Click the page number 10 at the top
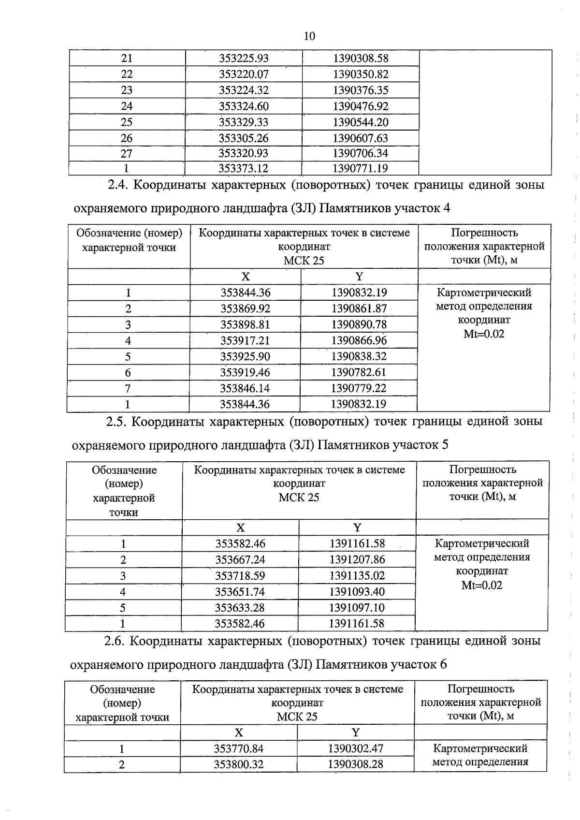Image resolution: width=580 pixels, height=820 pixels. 309,36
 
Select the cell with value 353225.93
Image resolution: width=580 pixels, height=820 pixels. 244,59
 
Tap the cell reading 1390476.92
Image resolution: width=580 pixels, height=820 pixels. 361,106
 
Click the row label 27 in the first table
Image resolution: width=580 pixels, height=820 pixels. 127,154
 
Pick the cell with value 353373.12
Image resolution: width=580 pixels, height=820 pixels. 244,169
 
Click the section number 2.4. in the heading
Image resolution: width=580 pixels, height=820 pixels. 117,185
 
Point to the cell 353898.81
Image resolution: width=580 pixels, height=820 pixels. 245,324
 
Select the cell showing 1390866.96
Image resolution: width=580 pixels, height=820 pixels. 359,340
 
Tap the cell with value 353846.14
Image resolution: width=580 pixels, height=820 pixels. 245,388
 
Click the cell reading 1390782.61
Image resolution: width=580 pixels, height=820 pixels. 359,372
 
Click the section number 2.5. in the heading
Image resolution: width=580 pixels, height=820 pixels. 116,422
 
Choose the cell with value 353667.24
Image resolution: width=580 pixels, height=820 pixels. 240,560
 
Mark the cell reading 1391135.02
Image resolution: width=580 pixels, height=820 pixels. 357,576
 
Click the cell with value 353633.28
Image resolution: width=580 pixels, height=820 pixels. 240,608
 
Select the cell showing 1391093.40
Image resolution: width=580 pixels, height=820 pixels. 357,592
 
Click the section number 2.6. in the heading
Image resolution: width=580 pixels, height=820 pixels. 115,641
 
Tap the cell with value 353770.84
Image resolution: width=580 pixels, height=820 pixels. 239,749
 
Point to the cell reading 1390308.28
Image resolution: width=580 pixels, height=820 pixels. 355,764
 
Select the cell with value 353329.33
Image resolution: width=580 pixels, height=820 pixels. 244,122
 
